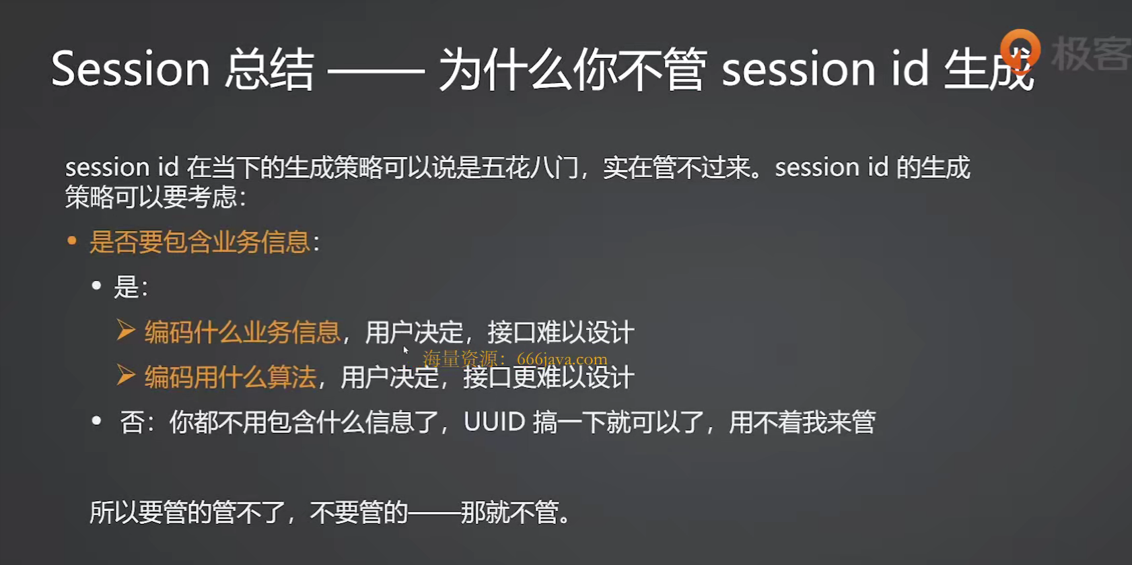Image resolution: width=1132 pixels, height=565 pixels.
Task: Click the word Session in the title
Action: pos(131,69)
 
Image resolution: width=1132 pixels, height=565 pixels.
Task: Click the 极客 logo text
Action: pos(1092,53)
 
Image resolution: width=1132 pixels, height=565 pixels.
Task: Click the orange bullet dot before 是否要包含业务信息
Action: pos(72,241)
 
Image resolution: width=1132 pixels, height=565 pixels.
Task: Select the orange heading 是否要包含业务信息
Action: pos(200,242)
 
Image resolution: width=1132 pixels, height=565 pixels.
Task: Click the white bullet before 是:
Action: pos(96,286)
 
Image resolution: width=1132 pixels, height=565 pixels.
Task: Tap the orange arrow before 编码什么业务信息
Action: pos(125,330)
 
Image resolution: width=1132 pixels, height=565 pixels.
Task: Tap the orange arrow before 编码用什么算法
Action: pos(125,375)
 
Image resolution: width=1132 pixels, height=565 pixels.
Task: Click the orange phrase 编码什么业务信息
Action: pos(242,332)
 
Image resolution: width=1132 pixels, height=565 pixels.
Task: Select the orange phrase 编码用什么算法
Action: pos(230,377)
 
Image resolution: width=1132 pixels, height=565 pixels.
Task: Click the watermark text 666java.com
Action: pos(563,359)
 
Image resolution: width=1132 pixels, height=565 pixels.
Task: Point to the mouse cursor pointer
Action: pos(405,351)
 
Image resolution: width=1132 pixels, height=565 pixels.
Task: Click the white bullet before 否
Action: pos(96,420)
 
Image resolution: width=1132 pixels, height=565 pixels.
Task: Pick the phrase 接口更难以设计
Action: pos(549,377)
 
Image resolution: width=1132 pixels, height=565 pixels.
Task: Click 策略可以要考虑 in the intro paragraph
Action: pos(151,197)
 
